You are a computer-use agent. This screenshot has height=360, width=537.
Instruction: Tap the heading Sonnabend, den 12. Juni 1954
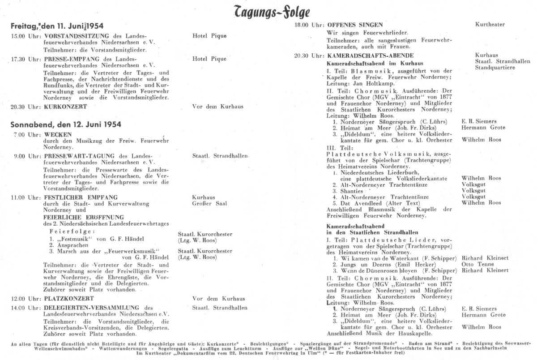pos(66,124)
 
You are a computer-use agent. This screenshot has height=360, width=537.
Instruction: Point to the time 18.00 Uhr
pos(309,25)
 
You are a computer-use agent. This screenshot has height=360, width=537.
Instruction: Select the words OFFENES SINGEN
pos(355,25)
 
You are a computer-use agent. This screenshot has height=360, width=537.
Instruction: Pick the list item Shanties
pos(352,191)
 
